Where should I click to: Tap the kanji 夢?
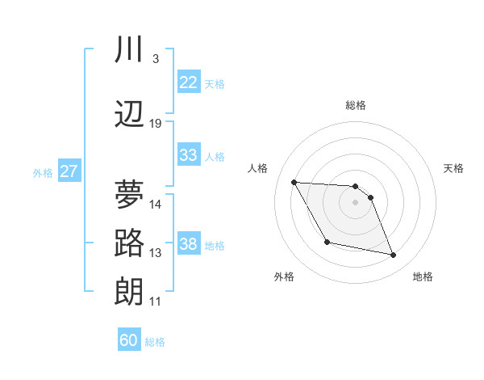[129, 194]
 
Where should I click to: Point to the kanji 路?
[129, 243]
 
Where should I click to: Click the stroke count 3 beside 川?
[155, 59]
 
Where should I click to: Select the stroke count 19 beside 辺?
[156, 124]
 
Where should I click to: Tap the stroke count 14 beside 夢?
[156, 204]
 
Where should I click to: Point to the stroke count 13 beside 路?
[156, 253]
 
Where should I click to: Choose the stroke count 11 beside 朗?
[156, 302]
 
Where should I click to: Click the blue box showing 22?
[189, 82]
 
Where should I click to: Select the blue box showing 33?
[189, 155]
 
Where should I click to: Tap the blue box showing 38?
[189, 244]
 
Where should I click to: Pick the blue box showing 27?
[69, 171]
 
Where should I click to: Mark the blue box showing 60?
[129, 340]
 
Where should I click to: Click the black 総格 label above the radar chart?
[356, 105]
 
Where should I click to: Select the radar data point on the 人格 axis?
[294, 182]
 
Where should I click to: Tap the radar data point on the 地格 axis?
[394, 255]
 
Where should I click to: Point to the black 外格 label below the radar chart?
[284, 277]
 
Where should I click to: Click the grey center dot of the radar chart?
[356, 203]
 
